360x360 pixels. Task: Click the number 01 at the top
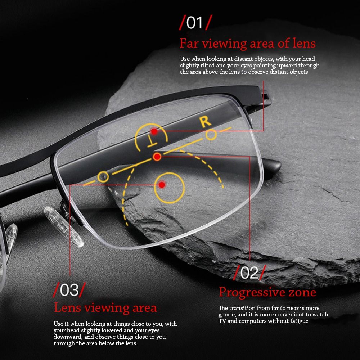point(194,23)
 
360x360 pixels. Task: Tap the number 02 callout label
point(249,273)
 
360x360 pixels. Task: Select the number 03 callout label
point(69,290)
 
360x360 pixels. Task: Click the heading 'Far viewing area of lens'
point(248,43)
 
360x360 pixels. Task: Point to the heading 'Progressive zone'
point(267,292)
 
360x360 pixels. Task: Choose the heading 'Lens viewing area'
point(105,308)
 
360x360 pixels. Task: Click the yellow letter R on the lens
point(205,122)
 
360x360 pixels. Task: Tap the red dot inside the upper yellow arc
point(154,131)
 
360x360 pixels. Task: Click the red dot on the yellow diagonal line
point(157,157)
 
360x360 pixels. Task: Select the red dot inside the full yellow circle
point(162,185)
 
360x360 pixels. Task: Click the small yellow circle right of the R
point(211,135)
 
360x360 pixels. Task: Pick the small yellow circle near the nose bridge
point(103,177)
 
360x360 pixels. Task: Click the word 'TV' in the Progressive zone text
point(222,321)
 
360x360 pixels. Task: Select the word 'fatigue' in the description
point(299,321)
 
